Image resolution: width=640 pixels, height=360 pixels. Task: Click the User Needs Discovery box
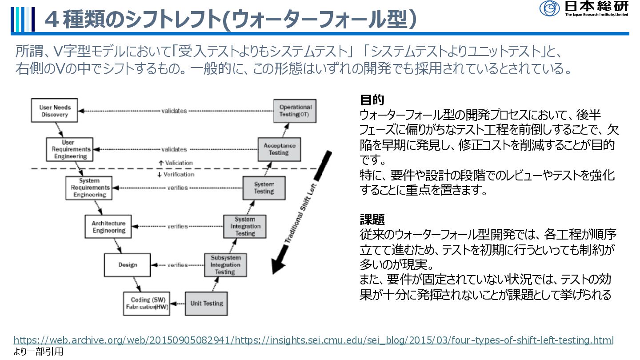tap(55, 111)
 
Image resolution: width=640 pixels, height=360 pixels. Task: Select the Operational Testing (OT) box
tap(295, 111)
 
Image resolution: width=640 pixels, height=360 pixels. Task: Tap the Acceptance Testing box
tap(279, 149)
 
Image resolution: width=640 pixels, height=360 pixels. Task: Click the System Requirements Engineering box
tap(89, 188)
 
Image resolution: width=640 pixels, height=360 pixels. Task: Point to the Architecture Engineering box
tap(108, 227)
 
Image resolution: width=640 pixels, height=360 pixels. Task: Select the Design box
tap(128, 265)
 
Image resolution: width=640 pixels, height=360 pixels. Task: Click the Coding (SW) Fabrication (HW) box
tap(147, 303)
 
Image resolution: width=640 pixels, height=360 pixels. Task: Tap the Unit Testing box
tap(206, 303)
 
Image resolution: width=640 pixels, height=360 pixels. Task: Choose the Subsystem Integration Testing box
tap(225, 265)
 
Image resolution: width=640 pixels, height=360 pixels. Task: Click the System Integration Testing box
tap(244, 227)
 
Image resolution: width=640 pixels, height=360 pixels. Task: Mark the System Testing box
tap(264, 188)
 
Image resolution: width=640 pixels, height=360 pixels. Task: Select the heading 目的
tap(372, 100)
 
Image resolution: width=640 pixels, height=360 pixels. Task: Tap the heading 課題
tap(372, 220)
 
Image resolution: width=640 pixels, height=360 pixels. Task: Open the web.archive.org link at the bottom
tap(313, 340)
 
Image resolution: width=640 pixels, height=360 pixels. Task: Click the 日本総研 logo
tap(584, 8)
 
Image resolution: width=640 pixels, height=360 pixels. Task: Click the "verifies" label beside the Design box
tap(177, 265)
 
